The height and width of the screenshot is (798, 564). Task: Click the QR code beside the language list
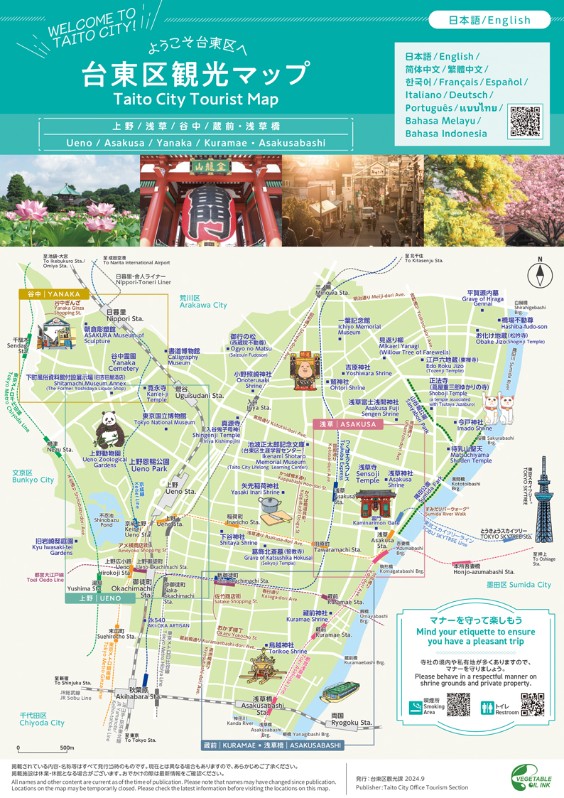click(526, 122)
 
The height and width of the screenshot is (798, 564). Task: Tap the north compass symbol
click(540, 274)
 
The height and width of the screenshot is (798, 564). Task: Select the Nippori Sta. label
click(125, 315)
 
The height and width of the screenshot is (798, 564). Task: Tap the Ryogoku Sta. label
click(352, 719)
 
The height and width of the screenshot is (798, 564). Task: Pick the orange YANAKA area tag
click(54, 293)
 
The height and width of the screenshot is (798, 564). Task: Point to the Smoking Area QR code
click(458, 703)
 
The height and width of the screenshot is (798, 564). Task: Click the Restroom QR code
click(532, 703)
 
